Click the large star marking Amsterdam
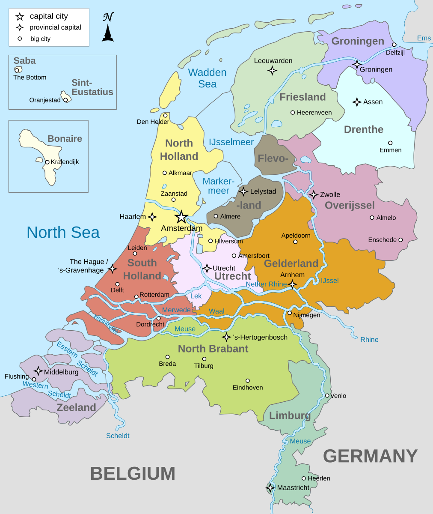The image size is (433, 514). click(x=181, y=217)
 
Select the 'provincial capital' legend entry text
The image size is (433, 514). click(x=55, y=27)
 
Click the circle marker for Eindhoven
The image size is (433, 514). click(x=247, y=380)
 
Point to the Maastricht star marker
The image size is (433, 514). click(x=270, y=487)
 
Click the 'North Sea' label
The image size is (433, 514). click(x=63, y=232)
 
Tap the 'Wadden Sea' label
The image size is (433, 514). click(x=208, y=78)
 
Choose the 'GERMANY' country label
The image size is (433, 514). click(x=370, y=456)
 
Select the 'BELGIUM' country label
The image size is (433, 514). click(x=133, y=474)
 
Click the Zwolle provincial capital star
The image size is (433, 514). click(x=314, y=194)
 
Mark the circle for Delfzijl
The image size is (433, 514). click(x=394, y=45)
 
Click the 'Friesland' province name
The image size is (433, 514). click(x=303, y=97)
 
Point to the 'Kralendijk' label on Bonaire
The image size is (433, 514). click(x=65, y=162)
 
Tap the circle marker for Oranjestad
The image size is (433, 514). click(x=65, y=100)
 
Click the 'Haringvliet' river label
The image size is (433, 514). click(x=106, y=324)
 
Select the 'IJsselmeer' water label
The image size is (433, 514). click(x=231, y=142)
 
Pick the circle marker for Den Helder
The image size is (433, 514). click(x=165, y=115)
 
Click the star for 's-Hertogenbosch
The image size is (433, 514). click(x=226, y=337)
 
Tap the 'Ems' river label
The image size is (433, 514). click(x=424, y=38)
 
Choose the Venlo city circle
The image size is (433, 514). click(x=327, y=395)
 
